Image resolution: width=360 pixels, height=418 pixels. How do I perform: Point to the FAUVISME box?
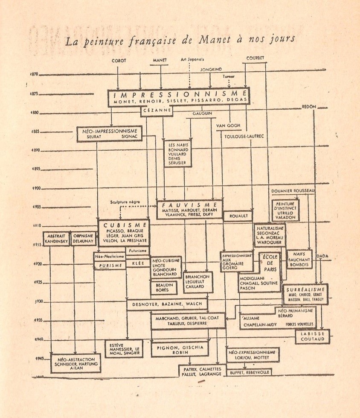[190, 209]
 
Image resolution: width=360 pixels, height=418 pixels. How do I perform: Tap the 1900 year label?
[37, 188]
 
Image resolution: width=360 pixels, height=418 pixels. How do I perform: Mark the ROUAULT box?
[238, 216]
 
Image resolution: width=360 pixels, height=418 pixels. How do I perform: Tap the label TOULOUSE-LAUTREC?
[243, 136]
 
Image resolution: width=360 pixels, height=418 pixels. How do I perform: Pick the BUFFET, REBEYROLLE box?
[249, 372]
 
